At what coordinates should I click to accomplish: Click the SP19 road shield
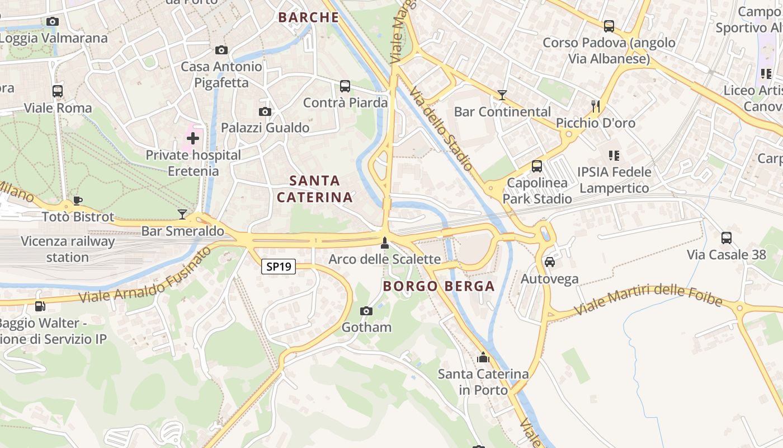278,267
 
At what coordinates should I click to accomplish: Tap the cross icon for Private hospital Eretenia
193,138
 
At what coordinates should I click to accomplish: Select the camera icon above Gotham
366,311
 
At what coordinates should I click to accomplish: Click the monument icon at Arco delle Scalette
384,242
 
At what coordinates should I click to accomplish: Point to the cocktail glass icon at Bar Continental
502,95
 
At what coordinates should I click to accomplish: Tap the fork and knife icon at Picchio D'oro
596,106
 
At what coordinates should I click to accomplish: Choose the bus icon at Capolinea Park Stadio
537,166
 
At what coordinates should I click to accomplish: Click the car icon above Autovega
550,262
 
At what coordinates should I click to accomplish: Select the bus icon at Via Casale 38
727,238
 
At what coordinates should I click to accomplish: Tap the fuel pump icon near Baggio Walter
40,306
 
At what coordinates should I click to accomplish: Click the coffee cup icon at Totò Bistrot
78,200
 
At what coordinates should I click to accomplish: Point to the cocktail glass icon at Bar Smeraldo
182,214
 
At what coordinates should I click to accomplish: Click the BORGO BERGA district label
438,286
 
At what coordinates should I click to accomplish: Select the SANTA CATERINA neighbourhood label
315,189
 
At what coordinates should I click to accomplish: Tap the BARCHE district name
309,17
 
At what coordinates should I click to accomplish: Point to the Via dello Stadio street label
440,128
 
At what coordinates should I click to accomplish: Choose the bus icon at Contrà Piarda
345,86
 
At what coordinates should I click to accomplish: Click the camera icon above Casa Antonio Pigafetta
221,50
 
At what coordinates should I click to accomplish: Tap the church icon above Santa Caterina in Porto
483,357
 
